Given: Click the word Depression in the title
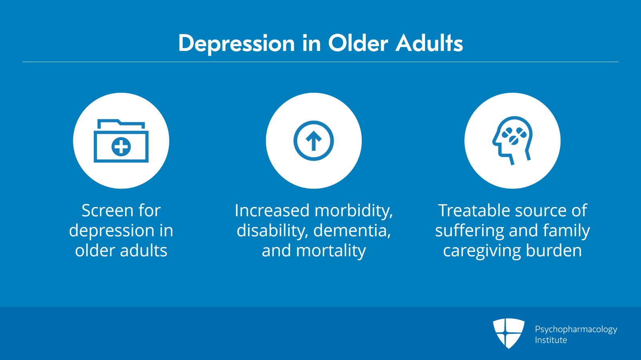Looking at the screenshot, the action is pos(236,44).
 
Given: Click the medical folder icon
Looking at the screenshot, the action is pos(121,141).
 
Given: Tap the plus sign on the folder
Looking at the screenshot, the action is pos(121,147).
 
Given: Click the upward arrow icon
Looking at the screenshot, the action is pos(314,141).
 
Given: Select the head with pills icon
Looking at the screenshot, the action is pos(512,141).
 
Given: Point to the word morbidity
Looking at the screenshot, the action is pos(354,211).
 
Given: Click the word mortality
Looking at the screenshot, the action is pos(331,251).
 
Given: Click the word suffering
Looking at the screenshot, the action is pos(469,231).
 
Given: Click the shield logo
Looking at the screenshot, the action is pos(508,334).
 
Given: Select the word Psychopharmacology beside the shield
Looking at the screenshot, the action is pos(576,330).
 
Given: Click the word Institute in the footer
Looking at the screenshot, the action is pos(551,340).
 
